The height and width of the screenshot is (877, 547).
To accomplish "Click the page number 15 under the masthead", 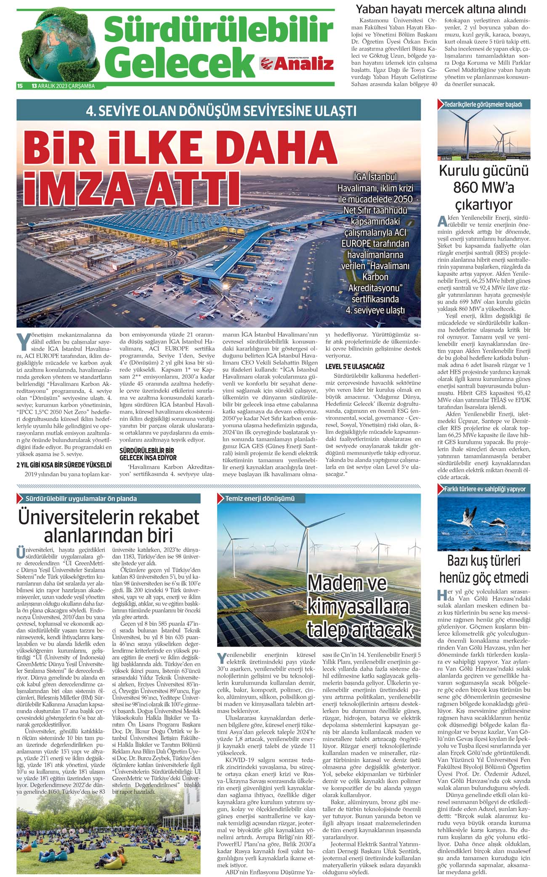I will tap(20, 86).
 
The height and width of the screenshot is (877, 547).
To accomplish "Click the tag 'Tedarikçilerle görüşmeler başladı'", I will tap(483, 104).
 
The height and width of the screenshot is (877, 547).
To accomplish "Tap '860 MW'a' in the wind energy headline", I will tap(483, 188).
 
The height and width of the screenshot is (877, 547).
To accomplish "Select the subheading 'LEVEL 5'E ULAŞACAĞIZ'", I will tap(355, 366).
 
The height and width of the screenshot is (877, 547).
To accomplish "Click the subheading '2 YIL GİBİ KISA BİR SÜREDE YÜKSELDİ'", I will tap(64, 465).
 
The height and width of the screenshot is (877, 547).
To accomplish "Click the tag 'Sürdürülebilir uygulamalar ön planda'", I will tap(81, 499).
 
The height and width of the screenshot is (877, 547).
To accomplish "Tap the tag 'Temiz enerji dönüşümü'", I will tap(260, 499).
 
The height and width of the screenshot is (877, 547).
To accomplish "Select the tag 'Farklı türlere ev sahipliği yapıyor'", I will tap(485, 489).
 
